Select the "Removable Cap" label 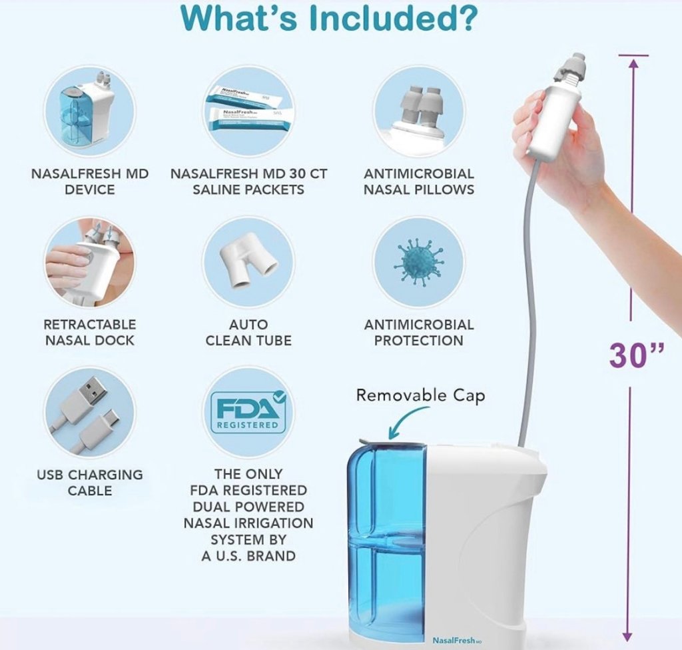(x=420, y=395)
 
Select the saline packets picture (x=248, y=108)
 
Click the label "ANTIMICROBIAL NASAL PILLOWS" (x=419, y=181)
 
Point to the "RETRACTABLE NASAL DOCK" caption (x=90, y=332)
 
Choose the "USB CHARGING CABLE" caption (x=90, y=483)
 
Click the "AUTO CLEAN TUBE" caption (x=248, y=332)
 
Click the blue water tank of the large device (x=386, y=533)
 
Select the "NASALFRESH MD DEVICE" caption (x=90, y=181)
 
